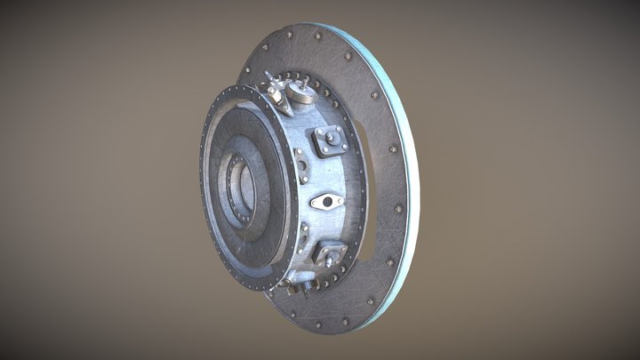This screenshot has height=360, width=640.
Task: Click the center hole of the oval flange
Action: click(x=327, y=202)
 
